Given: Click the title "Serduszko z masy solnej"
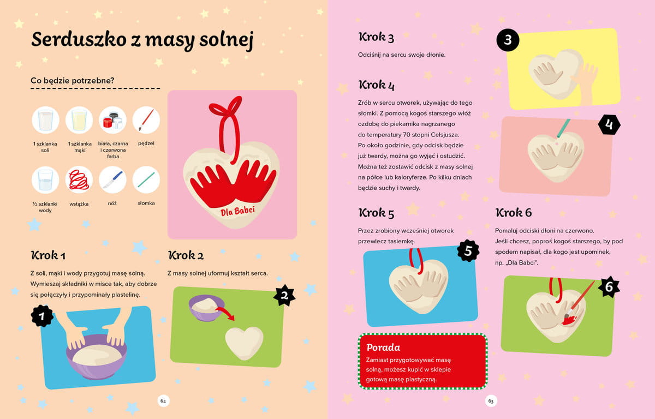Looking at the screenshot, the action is pos(142,40).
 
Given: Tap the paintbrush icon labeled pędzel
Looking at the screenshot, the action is pos(146,120).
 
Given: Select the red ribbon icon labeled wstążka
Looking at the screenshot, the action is pos(79,179).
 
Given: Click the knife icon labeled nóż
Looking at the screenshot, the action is pos(112,179).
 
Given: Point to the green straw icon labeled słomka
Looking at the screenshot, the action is pos(146,179).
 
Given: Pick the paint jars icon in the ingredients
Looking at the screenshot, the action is pos(112,120).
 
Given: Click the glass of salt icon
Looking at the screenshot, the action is pos(45,120).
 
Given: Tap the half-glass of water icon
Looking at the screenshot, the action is pos(45,179).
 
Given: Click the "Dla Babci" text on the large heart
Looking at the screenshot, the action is pos(237,211).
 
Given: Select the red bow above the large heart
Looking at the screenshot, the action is pos(227,109).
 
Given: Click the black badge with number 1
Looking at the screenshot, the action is pos(42,316).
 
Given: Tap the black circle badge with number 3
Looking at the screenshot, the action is pos(508,40).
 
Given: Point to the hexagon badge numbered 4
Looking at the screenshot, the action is pos(609,125).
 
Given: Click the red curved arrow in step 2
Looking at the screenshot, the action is pos(227,313).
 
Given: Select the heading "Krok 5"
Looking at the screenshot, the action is pos(376,213).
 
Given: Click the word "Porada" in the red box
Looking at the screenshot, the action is pos(383,348).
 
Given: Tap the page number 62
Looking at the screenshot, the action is pos(163,401).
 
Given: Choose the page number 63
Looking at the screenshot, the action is pos(491,401).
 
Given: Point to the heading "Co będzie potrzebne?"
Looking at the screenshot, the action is pos(72,81).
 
